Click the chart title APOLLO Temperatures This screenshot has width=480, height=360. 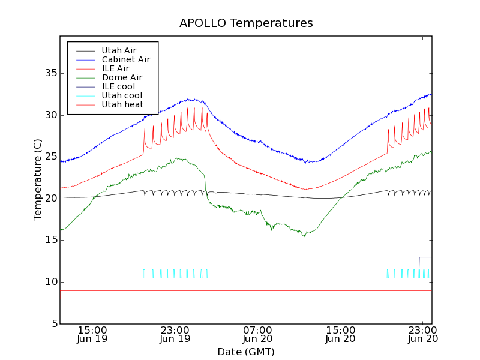pyautogui.click(x=246, y=23)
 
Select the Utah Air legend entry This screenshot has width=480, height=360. pyautogui.click(x=118, y=50)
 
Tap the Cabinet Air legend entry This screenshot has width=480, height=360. pyautogui.click(x=125, y=59)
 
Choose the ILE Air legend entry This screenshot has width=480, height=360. pyautogui.click(x=115, y=68)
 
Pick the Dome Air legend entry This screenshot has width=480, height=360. pyautogui.click(x=122, y=77)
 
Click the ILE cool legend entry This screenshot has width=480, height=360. pyautogui.click(x=118, y=86)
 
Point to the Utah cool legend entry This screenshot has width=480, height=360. pyautogui.click(x=122, y=95)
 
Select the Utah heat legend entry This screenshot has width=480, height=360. pyautogui.click(x=122, y=104)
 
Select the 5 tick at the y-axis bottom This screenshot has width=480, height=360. pyautogui.click(x=53, y=324)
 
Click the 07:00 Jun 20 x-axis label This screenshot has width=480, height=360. pyautogui.click(x=257, y=334)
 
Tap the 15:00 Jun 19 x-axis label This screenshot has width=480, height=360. pyautogui.click(x=92, y=334)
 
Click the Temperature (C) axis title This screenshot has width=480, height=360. pyautogui.click(x=38, y=179)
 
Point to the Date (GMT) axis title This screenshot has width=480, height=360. pyautogui.click(x=246, y=352)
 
